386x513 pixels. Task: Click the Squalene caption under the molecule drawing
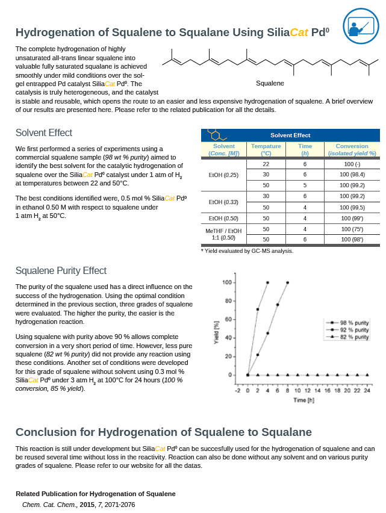[x=270, y=83]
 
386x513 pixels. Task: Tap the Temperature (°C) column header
[x=266, y=150]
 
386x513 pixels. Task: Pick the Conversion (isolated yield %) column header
[x=352, y=150]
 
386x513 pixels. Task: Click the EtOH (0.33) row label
[x=223, y=202]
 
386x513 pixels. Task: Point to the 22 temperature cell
[x=266, y=164]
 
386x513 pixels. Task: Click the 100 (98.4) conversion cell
[x=352, y=174]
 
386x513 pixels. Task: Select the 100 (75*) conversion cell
[x=352, y=229]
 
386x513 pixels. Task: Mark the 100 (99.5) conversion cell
[x=352, y=207]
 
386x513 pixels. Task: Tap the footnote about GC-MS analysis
[x=247, y=251]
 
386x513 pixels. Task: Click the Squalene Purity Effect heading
[x=61, y=271]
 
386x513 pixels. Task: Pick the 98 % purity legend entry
[x=354, y=323]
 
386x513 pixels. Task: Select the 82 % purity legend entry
[x=354, y=337]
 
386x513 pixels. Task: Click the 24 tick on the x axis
[x=367, y=391]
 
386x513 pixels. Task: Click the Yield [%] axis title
[x=216, y=332]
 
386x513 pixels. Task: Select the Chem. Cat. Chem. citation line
[x=78, y=504]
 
